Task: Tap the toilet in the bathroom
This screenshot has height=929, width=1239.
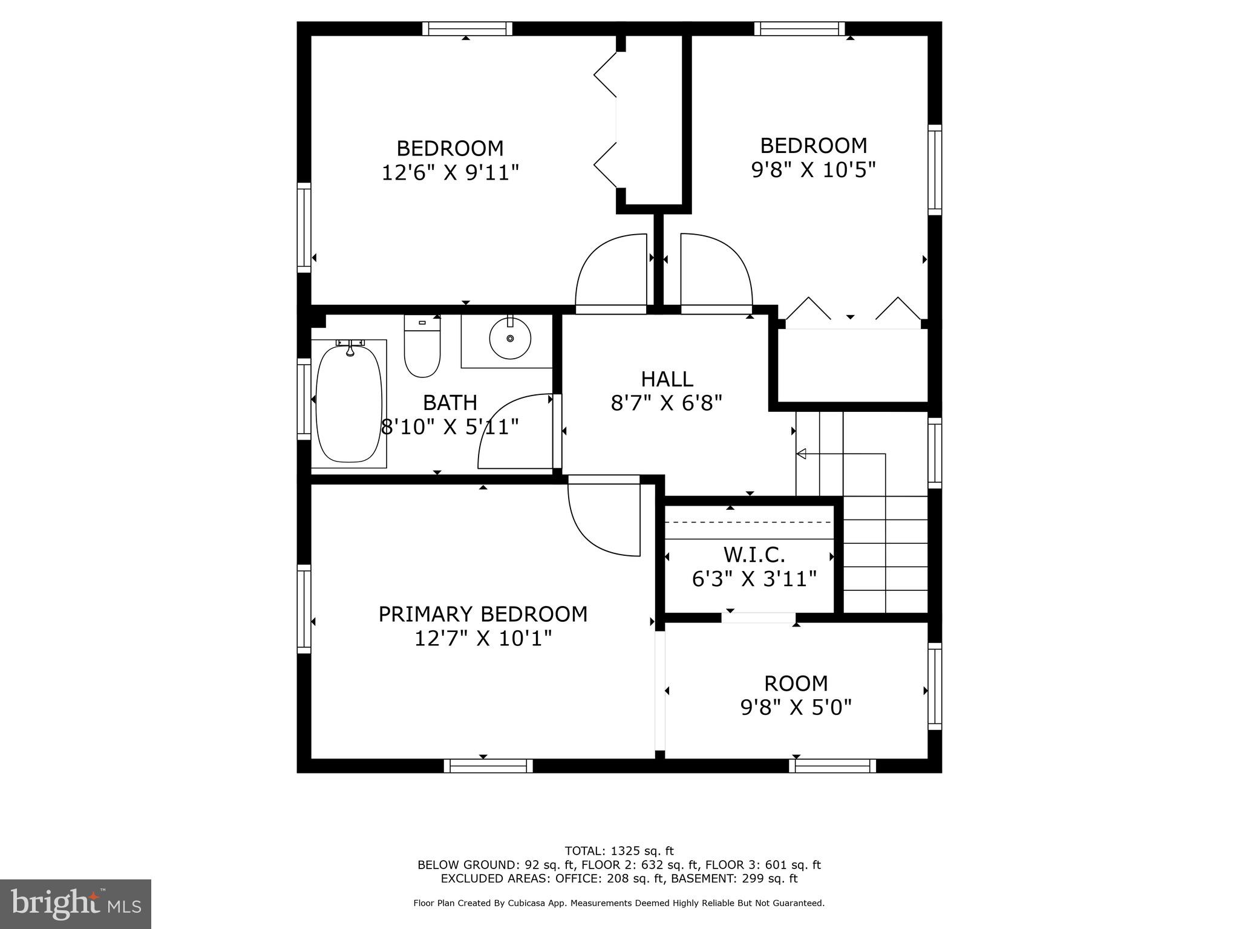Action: pyautogui.click(x=422, y=347)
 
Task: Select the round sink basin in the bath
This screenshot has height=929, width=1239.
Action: pyautogui.click(x=510, y=338)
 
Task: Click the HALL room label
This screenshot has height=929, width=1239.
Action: pyautogui.click(x=667, y=379)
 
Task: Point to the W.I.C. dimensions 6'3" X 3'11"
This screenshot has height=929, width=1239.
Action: pyautogui.click(x=754, y=579)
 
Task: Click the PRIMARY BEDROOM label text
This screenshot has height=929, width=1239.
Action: pyautogui.click(x=483, y=614)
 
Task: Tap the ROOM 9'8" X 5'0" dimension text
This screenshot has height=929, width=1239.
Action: pyautogui.click(x=796, y=707)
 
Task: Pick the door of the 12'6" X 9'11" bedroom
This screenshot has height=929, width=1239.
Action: pyautogui.click(x=608, y=272)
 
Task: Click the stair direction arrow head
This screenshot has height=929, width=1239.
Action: pyautogui.click(x=801, y=454)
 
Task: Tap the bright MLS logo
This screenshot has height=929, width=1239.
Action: pyautogui.click(x=76, y=904)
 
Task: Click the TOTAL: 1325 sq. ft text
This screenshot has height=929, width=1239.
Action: pyautogui.click(x=619, y=851)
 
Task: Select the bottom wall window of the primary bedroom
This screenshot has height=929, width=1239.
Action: pyautogui.click(x=488, y=766)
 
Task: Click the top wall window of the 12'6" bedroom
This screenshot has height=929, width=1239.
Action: pyautogui.click(x=466, y=28)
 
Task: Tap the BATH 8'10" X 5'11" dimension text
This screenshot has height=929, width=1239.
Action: pyautogui.click(x=450, y=427)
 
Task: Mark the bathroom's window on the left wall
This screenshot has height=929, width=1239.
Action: pyautogui.click(x=304, y=399)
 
